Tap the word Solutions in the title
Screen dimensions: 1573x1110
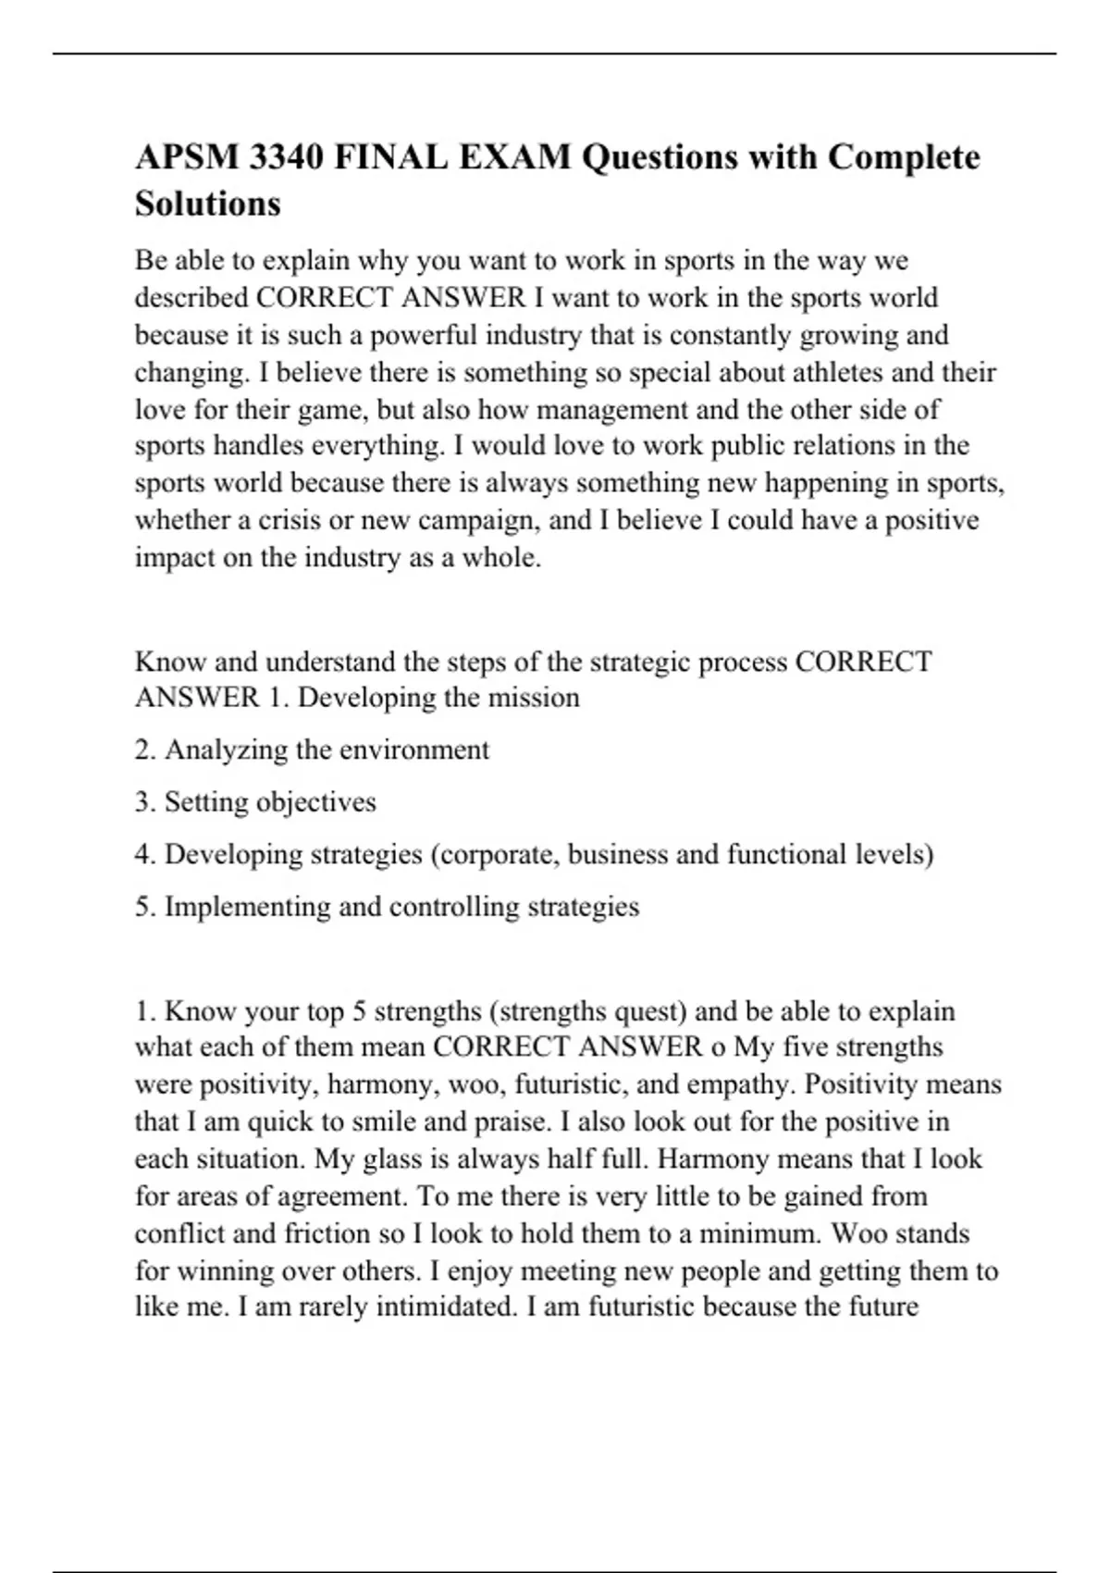tap(207, 204)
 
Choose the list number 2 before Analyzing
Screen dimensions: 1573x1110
tap(144, 749)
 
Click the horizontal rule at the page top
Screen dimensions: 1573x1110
tap(555, 54)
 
